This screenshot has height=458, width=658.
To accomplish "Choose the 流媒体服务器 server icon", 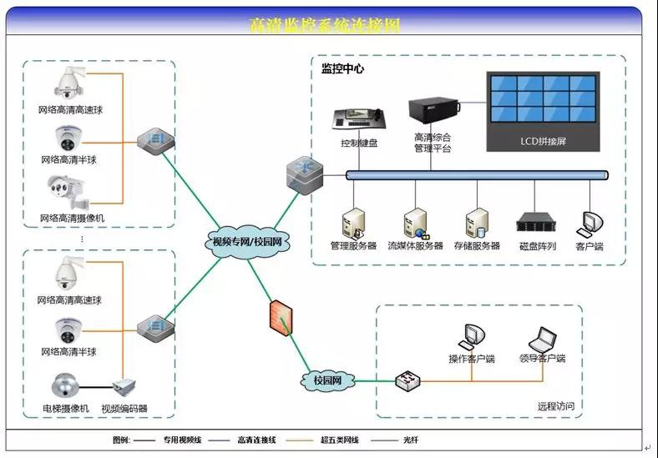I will click(x=415, y=223).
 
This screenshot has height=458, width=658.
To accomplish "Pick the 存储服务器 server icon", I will click(x=476, y=223).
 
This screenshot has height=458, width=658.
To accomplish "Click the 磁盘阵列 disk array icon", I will click(x=535, y=222).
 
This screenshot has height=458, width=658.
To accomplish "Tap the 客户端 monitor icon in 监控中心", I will click(x=590, y=223).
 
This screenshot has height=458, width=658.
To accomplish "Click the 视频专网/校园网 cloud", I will click(x=246, y=242).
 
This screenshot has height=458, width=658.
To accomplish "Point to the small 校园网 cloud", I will click(x=327, y=380).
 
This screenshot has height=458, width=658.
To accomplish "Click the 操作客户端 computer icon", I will click(x=472, y=335).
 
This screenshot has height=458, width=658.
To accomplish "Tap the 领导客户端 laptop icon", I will click(x=543, y=337).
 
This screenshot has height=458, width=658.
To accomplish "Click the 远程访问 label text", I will click(x=557, y=406).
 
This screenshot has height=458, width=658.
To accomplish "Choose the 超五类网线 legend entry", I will click(x=339, y=440).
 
